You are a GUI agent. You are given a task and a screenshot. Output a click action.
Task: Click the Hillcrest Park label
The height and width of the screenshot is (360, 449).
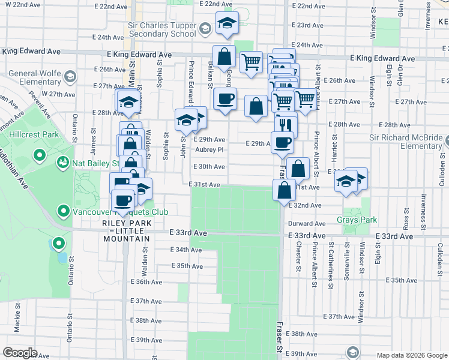coord(34,135)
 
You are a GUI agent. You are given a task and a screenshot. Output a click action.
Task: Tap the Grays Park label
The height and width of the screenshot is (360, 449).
coord(357,220)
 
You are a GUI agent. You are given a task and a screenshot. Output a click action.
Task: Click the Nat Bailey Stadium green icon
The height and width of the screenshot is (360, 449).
coord(62,163)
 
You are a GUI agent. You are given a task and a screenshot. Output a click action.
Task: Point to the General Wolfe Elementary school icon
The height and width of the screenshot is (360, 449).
coord(71,77)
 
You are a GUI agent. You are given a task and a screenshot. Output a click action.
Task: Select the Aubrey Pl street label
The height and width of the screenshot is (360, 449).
coord(209,149)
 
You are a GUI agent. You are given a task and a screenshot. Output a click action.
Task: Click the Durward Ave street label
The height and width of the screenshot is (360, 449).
coord(307,223)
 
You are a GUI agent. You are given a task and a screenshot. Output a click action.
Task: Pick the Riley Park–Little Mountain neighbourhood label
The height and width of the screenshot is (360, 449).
coord(125,231)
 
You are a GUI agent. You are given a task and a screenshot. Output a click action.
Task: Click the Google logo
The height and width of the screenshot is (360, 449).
coord(20,353)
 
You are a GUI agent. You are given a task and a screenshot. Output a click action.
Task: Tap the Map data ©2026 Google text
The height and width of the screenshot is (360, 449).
coord(411,355)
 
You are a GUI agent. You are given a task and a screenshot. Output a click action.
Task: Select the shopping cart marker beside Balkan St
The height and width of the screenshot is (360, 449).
coord(251,61)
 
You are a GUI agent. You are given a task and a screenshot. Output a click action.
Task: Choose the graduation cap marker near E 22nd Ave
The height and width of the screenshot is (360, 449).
coord(227,23)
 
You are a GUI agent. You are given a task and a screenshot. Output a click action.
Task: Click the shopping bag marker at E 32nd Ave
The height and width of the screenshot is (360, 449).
coord(285,190)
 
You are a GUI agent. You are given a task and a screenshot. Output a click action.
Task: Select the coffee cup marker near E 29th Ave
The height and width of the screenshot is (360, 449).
coord(282,143)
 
